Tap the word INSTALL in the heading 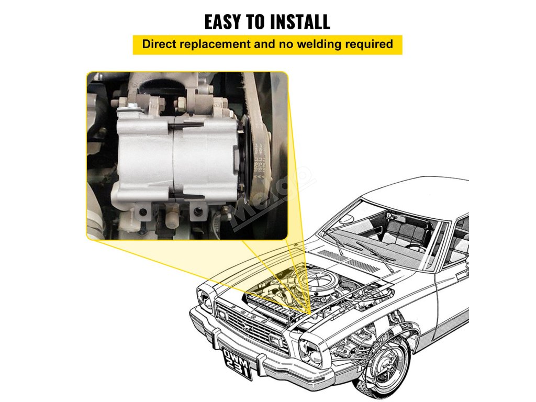pyautogui.click(x=298, y=21)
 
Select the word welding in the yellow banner pyautogui.click(x=317, y=44)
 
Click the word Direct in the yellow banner pyautogui.click(x=160, y=44)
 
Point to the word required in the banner pyautogui.click(x=368, y=44)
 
